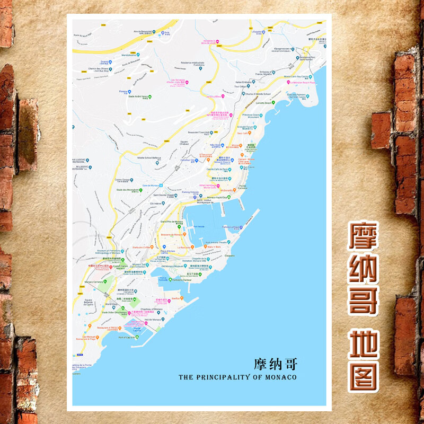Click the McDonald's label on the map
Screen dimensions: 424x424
[x=226, y=190]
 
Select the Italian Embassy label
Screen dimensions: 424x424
[x=243, y=82]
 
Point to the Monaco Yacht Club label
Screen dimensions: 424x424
[x=218, y=197]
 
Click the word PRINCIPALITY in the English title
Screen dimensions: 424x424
[x=223, y=377]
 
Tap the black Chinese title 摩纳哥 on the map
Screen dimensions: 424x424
[x=276, y=364]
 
